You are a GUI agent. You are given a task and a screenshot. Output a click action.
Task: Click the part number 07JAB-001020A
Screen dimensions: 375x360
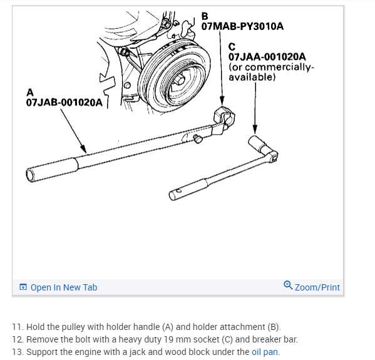[64, 103]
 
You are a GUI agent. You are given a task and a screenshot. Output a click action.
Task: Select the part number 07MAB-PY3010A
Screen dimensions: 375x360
[242, 26]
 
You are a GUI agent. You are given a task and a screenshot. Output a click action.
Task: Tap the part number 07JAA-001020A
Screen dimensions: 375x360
[267, 57]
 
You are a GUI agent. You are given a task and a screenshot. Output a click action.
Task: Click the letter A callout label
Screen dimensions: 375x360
[30, 92]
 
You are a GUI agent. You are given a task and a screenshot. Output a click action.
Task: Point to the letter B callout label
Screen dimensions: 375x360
[205, 16]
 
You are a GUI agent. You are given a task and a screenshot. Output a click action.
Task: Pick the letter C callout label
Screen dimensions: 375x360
[232, 47]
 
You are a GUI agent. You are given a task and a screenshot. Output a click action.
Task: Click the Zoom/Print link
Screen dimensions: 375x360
[317, 287]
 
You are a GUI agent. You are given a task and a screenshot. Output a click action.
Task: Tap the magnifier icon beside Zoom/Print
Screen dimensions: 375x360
[288, 285]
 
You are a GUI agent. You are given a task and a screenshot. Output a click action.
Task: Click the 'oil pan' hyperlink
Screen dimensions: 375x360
[265, 352]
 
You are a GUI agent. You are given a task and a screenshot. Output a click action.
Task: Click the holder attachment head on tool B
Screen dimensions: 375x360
[223, 118]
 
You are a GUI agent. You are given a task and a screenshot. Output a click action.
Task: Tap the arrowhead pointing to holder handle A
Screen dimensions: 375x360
[83, 149]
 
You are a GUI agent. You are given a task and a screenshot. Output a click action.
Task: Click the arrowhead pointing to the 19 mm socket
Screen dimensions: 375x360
[255, 130]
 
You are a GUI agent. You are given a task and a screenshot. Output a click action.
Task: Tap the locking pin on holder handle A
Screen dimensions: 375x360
[198, 139]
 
